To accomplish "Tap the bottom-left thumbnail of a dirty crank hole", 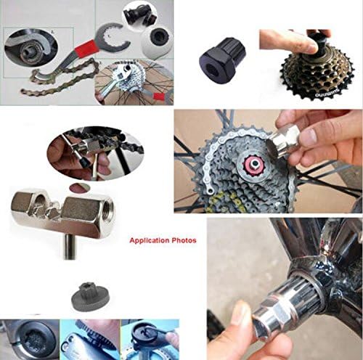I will click(x=25, y=340).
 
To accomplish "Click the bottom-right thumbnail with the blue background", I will click(x=150, y=340).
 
